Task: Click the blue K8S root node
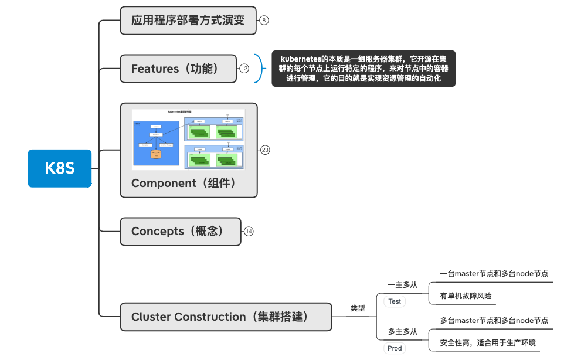[x=60, y=168]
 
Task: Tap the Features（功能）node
[x=178, y=69]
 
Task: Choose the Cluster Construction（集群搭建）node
[x=225, y=317]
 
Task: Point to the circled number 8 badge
[x=264, y=21]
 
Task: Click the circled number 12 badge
[x=244, y=69]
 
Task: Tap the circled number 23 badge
[x=265, y=150]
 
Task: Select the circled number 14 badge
[x=249, y=232]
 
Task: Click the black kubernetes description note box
[x=363, y=69]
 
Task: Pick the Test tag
[x=395, y=301]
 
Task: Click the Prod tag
[x=395, y=348]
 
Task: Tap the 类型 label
[x=358, y=308]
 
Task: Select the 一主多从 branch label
[x=402, y=285]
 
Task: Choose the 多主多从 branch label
[x=402, y=332]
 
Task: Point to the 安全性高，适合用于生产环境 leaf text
[x=487, y=343]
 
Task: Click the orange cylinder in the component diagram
[x=155, y=154]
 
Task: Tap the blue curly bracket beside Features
[x=257, y=69]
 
